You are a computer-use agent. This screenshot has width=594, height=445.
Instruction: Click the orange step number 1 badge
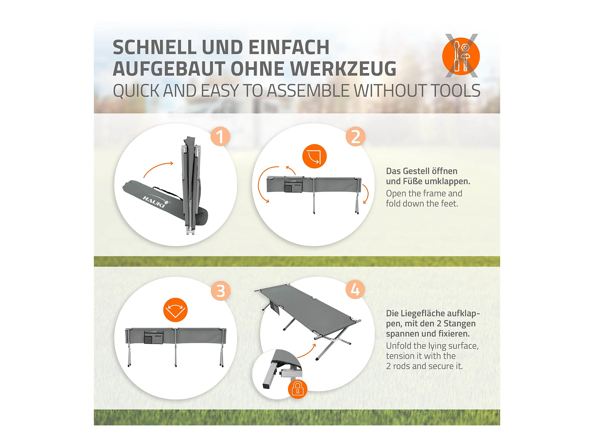pos(220,136)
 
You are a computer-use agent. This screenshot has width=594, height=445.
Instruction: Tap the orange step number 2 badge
pos(356,136)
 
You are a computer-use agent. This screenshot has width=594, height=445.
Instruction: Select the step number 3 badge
pos(221,291)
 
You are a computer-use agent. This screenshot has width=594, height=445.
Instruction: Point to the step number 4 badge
pos(355,289)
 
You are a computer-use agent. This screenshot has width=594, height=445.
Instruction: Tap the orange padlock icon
pos(297,389)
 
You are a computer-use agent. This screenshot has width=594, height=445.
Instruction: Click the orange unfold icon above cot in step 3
pos(175,310)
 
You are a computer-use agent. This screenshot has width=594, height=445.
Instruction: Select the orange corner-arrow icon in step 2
pos(314,156)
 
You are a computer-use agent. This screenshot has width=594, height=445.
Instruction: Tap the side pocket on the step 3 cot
pos(154,338)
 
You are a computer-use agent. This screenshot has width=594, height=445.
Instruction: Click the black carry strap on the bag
pos(168,193)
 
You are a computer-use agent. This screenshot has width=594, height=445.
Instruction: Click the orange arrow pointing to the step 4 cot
pos(307,351)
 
